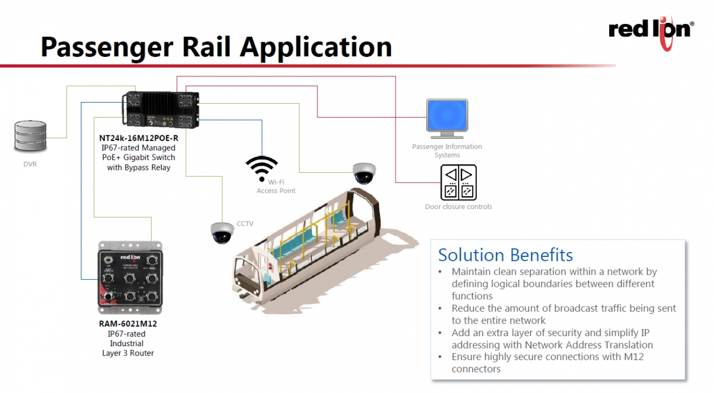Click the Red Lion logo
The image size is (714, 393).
tap(651, 31)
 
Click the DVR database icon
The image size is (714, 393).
tap(30, 137)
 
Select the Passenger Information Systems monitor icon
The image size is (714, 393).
tap(447, 118)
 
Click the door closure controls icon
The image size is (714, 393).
tap(459, 182)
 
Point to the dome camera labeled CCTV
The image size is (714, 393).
tap(221, 232)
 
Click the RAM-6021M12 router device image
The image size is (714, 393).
tap(130, 278)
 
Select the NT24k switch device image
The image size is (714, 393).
tap(161, 110)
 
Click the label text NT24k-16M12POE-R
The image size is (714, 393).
tap(139, 138)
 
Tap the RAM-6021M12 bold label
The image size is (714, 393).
tap(128, 323)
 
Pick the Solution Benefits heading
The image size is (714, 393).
tap(505, 255)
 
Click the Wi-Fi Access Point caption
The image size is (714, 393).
tap(276, 186)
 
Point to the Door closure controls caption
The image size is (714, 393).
tap(459, 207)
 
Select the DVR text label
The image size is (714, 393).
tap(30, 164)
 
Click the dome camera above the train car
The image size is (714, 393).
tap(364, 173)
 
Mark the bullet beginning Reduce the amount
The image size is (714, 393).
tap(563, 314)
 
